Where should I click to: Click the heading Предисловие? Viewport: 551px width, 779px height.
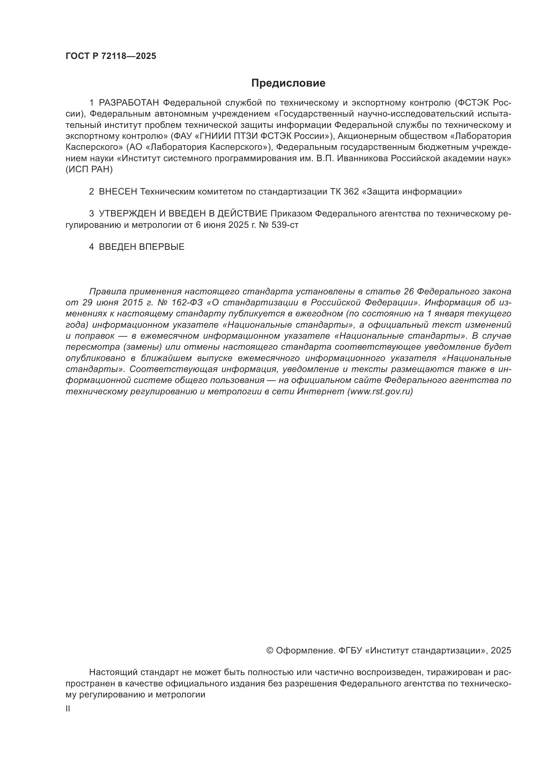(288, 83)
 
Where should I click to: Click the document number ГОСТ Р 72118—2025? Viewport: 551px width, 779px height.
(111, 56)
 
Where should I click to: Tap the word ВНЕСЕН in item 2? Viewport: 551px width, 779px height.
(118, 192)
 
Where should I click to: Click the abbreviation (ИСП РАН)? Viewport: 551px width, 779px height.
(89, 170)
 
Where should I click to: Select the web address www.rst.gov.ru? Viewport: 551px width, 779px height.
(380, 392)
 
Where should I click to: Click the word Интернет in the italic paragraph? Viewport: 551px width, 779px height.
(320, 392)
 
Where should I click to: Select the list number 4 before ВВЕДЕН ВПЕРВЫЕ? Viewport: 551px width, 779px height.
(91, 247)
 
